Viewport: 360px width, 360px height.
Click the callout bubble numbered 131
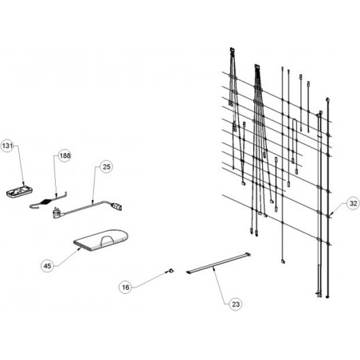[x=7, y=146]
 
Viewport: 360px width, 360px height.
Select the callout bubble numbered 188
[x=65, y=155]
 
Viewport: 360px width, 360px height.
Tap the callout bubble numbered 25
[x=106, y=166]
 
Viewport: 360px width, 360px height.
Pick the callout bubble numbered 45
[x=47, y=266]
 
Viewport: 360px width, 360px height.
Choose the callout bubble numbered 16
[x=126, y=287]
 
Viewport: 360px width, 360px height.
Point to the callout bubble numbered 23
[x=236, y=304]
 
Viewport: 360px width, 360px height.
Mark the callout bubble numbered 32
[x=353, y=203]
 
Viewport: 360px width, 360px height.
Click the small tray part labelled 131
[x=20, y=191]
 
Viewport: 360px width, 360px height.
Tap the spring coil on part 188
[x=46, y=202]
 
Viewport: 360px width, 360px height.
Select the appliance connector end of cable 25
[x=116, y=206]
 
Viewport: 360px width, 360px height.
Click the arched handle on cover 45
[x=108, y=239]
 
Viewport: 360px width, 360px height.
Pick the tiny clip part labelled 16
[x=170, y=271]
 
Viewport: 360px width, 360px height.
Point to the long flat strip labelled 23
[x=218, y=263]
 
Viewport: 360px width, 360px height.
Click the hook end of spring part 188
[x=33, y=205]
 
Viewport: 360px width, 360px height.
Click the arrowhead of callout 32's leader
[x=331, y=214]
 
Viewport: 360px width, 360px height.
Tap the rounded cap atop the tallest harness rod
[x=327, y=100]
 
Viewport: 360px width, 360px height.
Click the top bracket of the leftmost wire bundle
[x=232, y=49]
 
